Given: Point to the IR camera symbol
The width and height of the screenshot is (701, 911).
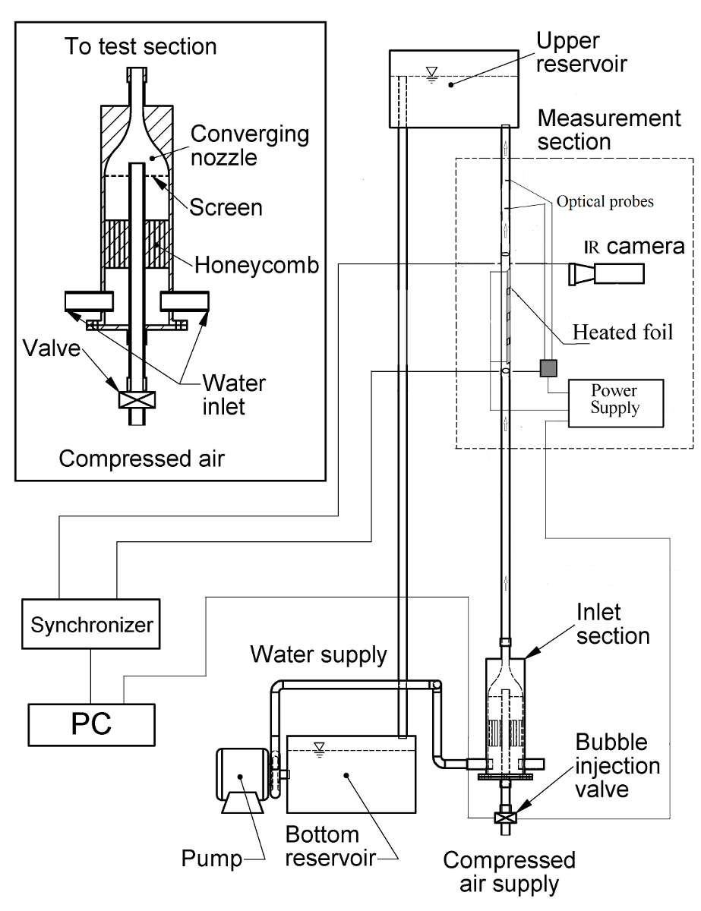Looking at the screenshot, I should click(608, 273).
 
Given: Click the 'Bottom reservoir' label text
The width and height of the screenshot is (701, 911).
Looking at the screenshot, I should click(322, 848).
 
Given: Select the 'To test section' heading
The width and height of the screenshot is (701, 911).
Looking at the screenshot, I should click(140, 46).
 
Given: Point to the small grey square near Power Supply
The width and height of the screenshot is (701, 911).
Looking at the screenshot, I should click(548, 368).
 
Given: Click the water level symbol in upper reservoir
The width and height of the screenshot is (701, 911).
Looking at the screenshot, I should click(432, 74).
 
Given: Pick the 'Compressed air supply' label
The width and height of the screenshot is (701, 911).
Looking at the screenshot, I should click(509, 872).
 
